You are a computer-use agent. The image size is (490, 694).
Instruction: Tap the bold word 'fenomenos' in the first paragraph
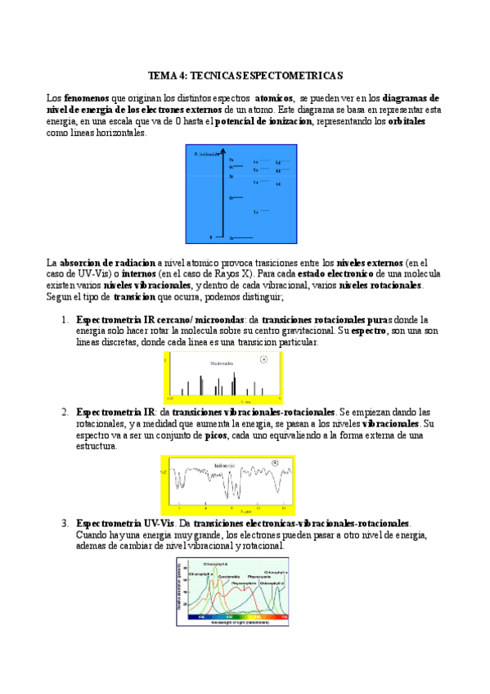86,97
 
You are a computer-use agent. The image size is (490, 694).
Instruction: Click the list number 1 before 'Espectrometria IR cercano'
65,318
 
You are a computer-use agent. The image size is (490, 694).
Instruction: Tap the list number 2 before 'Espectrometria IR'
65,412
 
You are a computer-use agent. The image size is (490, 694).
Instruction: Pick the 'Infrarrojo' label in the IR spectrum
225,465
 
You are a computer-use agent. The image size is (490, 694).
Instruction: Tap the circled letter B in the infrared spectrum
274,463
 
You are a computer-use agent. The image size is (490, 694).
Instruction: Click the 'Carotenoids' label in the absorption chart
227,576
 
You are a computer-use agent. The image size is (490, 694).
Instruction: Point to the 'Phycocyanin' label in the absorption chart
259,576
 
